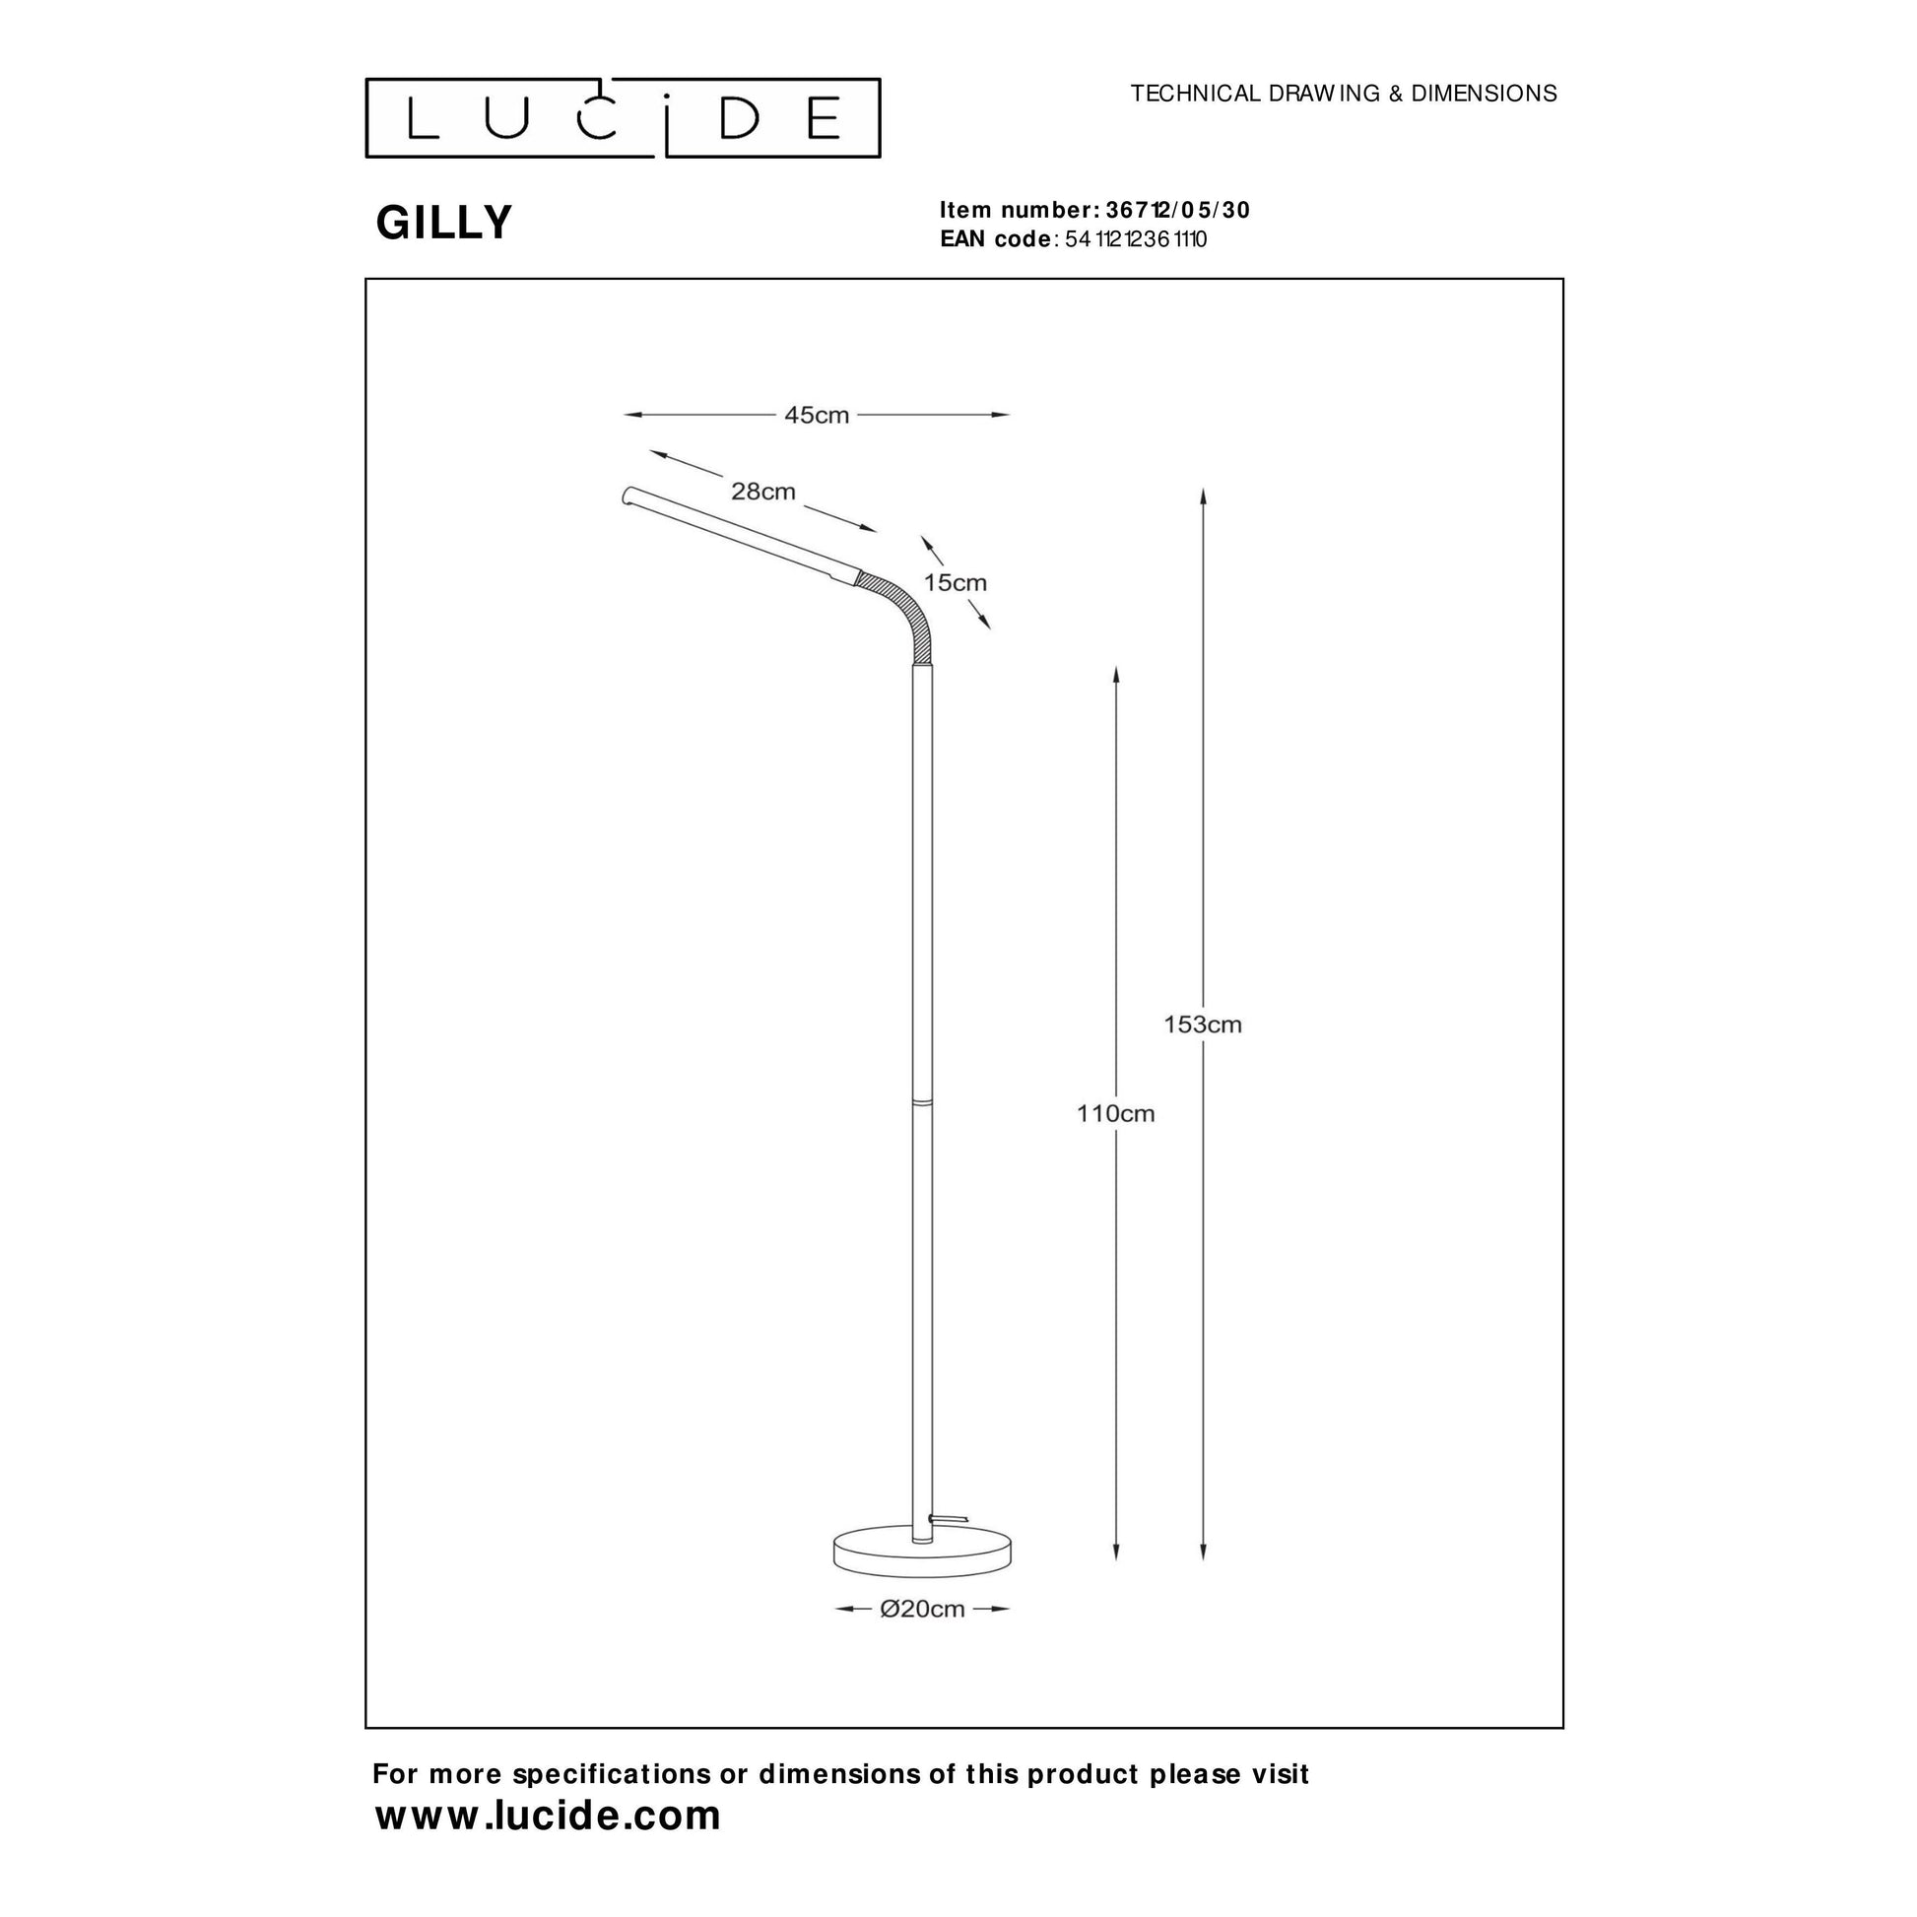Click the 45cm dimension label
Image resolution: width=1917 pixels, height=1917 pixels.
click(x=817, y=415)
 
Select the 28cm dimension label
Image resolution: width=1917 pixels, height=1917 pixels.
click(x=763, y=492)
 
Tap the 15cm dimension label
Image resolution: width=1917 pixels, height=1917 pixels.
click(x=956, y=582)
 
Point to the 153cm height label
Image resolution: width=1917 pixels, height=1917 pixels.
click(x=1203, y=1024)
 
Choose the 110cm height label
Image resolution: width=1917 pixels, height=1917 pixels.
click(x=1115, y=1113)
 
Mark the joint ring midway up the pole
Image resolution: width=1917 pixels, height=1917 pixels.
click(x=923, y=1101)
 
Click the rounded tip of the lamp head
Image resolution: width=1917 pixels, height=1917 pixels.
click(x=628, y=496)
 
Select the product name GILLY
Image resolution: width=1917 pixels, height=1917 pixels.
click(x=443, y=223)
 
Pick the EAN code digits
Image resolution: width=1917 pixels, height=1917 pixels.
click(x=1135, y=239)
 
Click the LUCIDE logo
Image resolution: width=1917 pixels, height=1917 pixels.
click(x=624, y=118)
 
